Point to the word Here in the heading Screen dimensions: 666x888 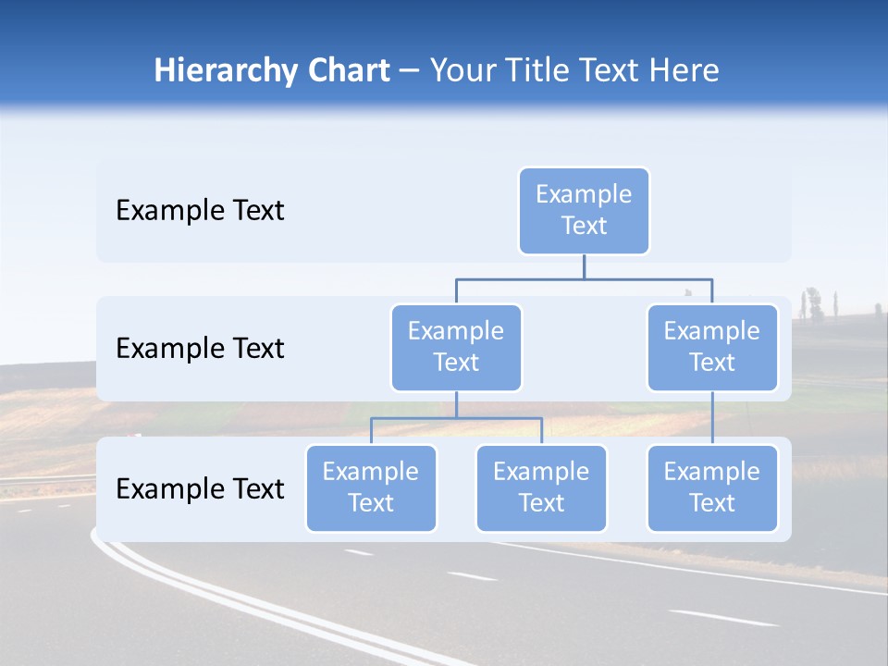click(x=684, y=70)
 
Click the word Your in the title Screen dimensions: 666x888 click(x=465, y=70)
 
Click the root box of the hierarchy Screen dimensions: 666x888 click(x=584, y=210)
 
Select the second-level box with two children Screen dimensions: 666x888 click(x=456, y=347)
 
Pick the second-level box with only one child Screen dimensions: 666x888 click(x=712, y=347)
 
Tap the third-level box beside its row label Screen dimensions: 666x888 click(x=371, y=487)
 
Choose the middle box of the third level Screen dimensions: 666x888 click(x=541, y=487)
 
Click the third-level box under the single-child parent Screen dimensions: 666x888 click(x=712, y=487)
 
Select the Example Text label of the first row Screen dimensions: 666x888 click(x=200, y=211)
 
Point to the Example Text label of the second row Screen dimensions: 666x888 click(x=200, y=349)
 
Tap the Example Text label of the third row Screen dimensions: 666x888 click(x=200, y=488)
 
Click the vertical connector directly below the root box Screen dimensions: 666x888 click(x=584, y=266)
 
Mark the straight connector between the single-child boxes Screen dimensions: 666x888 click(x=712, y=417)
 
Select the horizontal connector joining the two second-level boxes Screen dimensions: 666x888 click(x=584, y=278)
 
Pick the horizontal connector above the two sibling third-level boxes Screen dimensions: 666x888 click(x=456, y=418)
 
